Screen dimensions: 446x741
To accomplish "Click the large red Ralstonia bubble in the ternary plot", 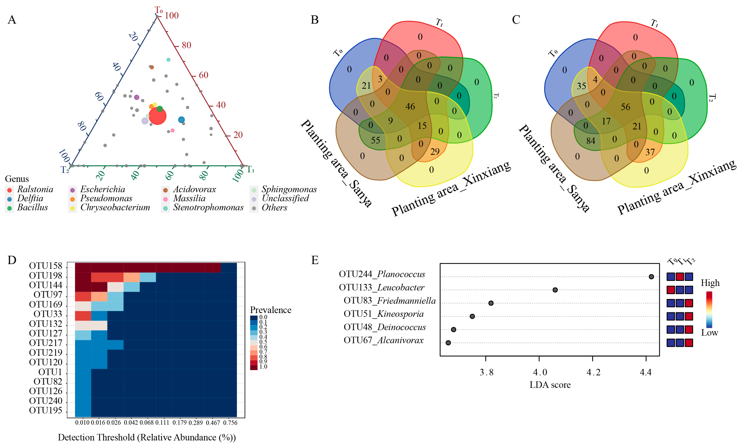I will [157, 116].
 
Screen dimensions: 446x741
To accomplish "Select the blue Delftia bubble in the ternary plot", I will [181, 120].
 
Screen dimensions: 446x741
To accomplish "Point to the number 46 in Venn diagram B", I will [410, 106].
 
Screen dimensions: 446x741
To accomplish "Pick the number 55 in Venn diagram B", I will [375, 140].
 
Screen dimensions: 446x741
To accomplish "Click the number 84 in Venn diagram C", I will [590, 141].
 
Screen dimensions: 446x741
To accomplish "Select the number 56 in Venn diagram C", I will [625, 107].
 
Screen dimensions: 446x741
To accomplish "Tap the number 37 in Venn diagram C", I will [650, 152].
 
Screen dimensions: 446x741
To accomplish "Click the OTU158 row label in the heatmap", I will [46, 266].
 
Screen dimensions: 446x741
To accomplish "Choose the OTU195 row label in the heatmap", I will [46, 410].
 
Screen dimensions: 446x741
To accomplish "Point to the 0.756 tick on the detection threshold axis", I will [230, 423].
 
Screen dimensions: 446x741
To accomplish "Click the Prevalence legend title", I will [270, 310].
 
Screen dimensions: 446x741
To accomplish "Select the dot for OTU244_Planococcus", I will [651, 277].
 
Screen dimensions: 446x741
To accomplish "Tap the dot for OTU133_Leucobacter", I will [555, 290].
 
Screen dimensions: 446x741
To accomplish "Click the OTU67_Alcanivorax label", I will [384, 340].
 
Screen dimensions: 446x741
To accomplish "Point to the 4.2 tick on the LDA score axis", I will [593, 372].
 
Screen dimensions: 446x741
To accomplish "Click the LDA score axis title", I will [550, 385].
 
